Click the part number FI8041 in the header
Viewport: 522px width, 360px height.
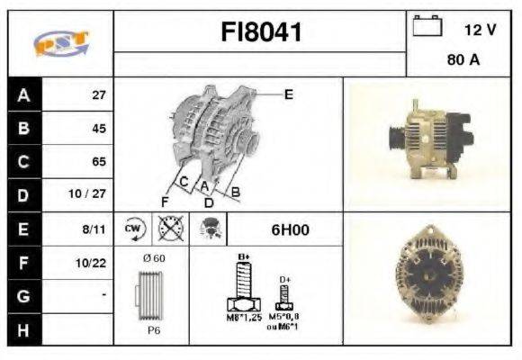pos(261,33)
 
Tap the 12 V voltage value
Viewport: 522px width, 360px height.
pos(480,30)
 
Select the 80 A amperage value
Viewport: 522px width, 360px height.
pos(463,61)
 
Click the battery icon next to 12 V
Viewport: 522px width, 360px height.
pos(427,28)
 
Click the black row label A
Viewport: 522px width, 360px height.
pos(22,94)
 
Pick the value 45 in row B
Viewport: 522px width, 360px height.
pos(98,128)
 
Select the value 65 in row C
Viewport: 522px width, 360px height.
pos(98,162)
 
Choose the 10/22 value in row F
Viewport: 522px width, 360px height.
pos(93,263)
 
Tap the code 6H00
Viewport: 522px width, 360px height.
pos(290,229)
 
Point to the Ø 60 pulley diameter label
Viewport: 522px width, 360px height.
pos(154,259)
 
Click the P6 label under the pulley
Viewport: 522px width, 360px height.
pos(155,329)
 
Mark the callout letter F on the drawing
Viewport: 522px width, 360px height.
pos(165,200)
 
